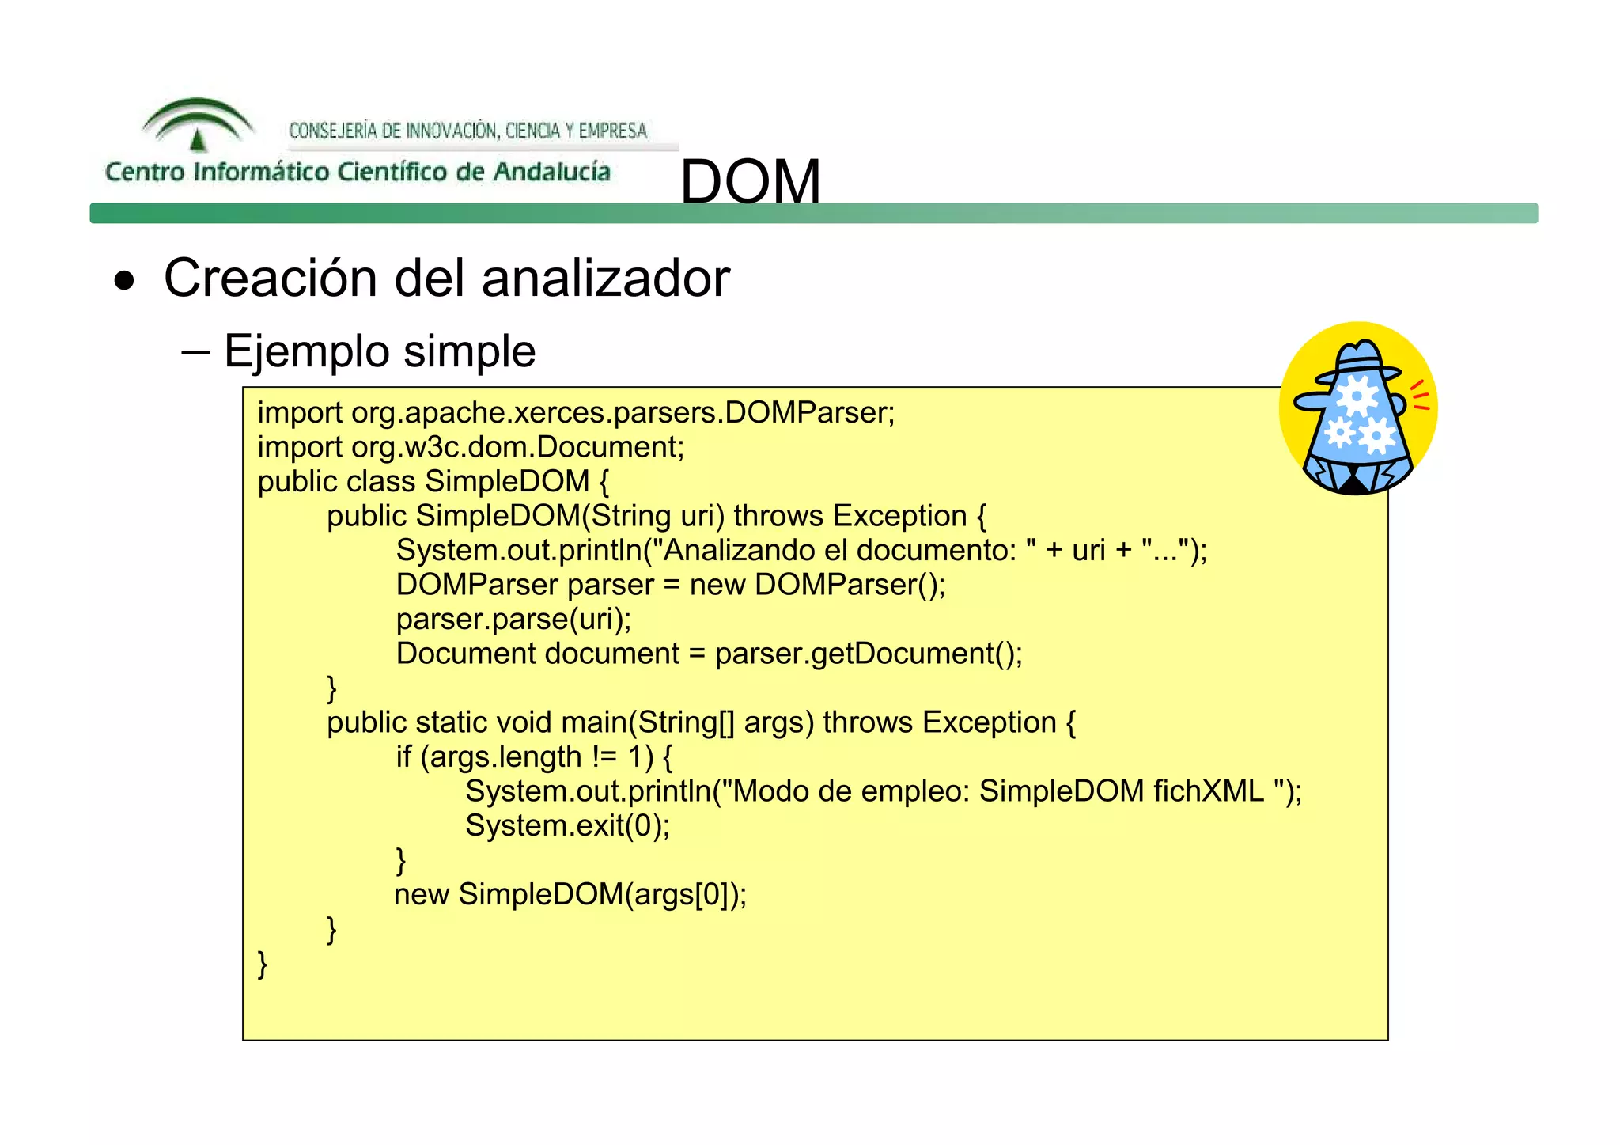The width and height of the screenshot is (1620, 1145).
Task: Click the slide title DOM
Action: [x=750, y=181]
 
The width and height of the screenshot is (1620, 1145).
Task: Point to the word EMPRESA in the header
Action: [x=612, y=131]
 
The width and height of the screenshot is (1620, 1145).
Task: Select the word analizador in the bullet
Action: [x=605, y=279]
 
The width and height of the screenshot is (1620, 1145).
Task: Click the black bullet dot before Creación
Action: [x=124, y=281]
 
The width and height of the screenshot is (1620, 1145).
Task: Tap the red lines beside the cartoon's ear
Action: [x=1420, y=396]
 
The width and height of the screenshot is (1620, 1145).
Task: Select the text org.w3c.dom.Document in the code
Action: [x=517, y=447]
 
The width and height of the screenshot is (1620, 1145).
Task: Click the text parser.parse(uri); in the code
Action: [x=513, y=619]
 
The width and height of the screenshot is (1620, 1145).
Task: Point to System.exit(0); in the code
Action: [x=567, y=825]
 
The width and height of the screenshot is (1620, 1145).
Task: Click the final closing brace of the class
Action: [x=263, y=964]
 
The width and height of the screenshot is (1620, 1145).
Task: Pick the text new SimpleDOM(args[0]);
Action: [x=570, y=894]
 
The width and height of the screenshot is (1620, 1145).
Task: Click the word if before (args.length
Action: [x=403, y=757]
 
